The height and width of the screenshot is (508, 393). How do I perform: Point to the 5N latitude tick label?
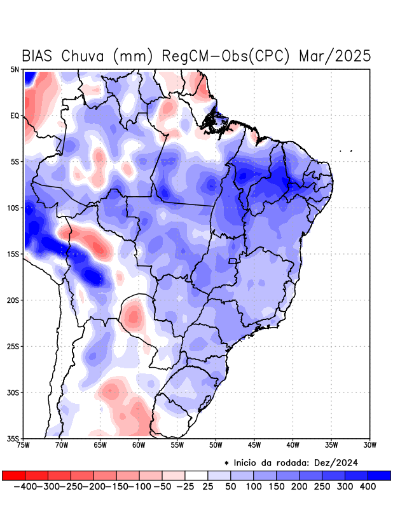pos(15,69)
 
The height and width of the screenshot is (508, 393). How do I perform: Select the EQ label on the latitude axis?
pos(15,116)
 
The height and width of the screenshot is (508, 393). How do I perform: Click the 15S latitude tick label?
pos(13,254)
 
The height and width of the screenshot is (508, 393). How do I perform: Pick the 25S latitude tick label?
pos(13,346)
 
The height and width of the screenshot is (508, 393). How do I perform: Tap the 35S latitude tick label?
pos(13,438)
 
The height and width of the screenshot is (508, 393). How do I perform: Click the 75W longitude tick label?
pos(25,445)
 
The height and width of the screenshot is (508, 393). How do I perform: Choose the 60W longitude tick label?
pos(139,445)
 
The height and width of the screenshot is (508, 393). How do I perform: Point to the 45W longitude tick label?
pos(254,445)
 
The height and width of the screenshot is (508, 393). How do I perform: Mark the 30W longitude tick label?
pos(369,445)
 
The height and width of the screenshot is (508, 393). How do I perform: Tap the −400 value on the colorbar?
pos(24,486)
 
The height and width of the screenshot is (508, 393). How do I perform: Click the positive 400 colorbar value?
pos(368,486)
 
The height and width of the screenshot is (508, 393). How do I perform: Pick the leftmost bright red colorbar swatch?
pos(13,476)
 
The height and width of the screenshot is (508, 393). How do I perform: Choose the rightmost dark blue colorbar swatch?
pos(379,476)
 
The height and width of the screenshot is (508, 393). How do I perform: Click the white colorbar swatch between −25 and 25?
pos(197,476)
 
